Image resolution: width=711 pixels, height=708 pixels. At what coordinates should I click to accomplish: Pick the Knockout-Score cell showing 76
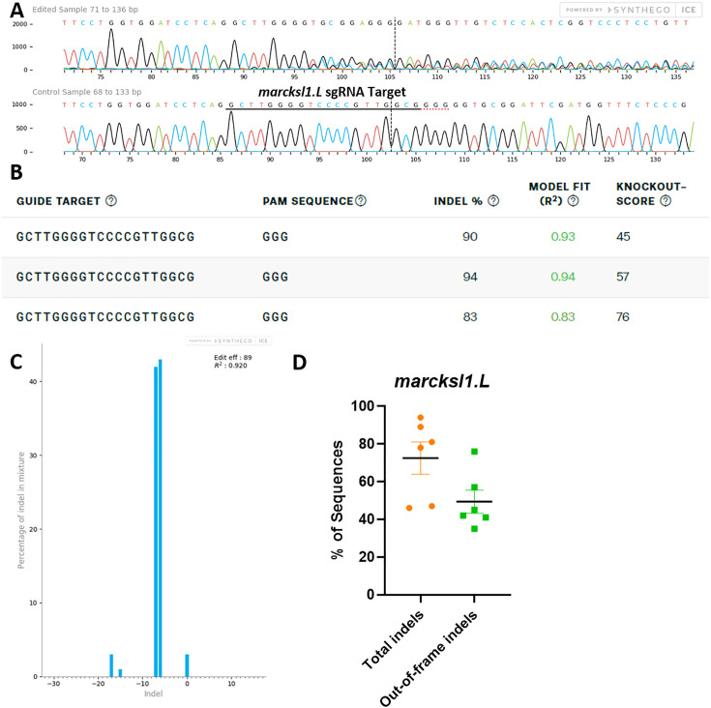tap(626, 316)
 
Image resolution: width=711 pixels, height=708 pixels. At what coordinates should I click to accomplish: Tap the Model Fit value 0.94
tap(562, 277)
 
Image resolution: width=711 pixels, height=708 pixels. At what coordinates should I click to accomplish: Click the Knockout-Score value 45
tap(626, 237)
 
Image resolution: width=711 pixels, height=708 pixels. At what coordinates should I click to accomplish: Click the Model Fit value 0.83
tap(562, 316)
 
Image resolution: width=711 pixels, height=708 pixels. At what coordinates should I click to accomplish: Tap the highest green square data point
tap(475, 452)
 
